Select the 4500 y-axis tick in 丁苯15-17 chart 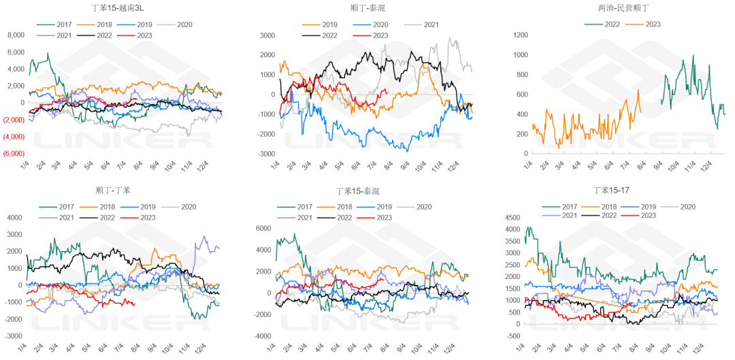(512, 218)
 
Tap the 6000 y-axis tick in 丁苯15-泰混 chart (263, 228)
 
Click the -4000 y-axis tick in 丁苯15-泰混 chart (261, 336)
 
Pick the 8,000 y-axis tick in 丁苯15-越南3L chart (16, 35)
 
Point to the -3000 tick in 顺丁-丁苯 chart (13, 336)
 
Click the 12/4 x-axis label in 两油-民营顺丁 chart (707, 167)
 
